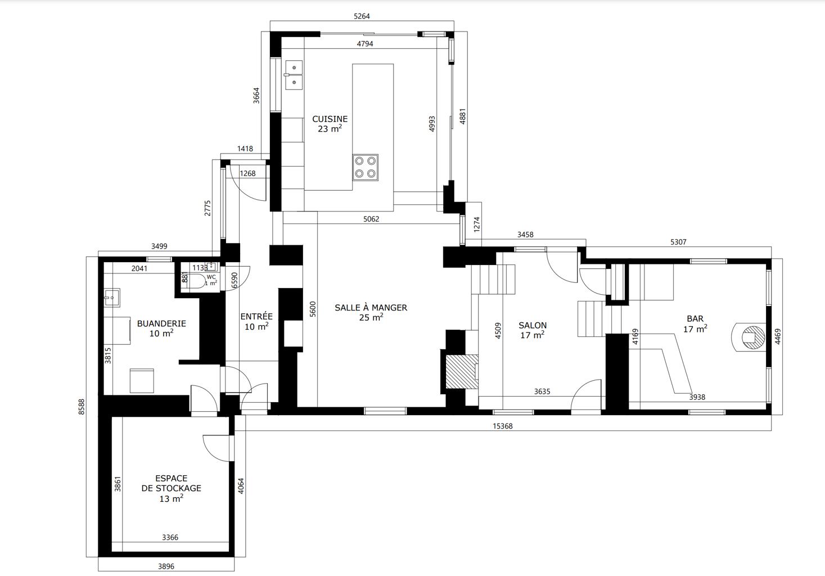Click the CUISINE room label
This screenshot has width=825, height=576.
coord(330,119)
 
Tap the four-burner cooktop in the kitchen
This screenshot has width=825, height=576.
coord(366,167)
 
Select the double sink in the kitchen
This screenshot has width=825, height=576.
coord(294,75)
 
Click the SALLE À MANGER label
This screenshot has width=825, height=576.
coord(371,308)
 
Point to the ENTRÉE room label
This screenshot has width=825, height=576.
coord(256,316)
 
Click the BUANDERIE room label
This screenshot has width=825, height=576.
coord(161,324)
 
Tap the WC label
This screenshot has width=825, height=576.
coord(211,277)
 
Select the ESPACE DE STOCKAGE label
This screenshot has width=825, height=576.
coord(172,483)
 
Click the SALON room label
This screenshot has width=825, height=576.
coord(533,325)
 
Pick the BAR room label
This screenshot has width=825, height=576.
coord(695,318)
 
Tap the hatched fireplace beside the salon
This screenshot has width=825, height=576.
coord(462,371)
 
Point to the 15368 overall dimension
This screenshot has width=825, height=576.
coord(502,426)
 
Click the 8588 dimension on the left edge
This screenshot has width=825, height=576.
coord(82,407)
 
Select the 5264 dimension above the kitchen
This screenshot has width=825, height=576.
coord(362,16)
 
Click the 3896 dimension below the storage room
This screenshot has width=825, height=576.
coord(166,566)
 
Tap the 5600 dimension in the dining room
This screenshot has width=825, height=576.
coord(313,309)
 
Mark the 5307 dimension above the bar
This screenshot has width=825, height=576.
coord(678,242)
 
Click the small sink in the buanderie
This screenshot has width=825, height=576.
coord(112,298)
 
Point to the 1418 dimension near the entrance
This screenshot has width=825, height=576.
coord(245,149)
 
